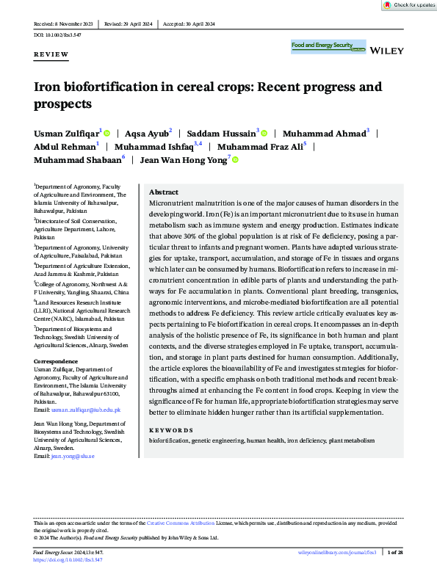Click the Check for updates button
409,5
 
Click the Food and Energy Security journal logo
328,46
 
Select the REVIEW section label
51,55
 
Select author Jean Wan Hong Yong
184,159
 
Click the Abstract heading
164,191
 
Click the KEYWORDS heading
171,430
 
